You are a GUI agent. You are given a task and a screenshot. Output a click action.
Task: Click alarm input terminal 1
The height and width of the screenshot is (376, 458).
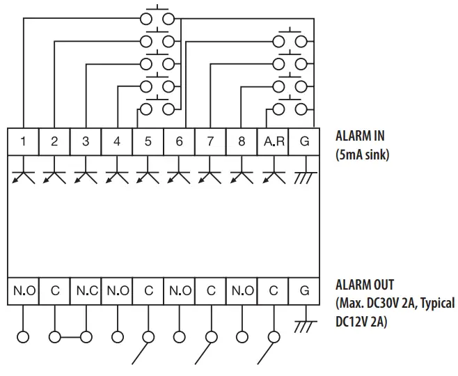click(x=23, y=141)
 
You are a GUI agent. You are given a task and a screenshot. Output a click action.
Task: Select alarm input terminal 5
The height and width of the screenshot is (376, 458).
click(x=148, y=141)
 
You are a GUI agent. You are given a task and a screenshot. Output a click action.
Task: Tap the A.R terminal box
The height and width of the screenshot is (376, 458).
click(x=274, y=141)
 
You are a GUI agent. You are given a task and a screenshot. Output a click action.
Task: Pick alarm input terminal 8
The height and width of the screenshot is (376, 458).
click(x=242, y=141)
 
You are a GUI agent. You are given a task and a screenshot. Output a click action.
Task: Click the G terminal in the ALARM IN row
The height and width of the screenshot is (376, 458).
click(x=304, y=141)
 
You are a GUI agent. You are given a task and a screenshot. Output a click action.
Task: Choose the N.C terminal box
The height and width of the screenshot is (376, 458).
click(x=86, y=291)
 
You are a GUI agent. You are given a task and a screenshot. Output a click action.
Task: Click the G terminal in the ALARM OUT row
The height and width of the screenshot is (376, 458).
click(x=304, y=291)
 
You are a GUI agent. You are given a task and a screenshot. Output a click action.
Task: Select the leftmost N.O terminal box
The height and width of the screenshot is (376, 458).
click(x=23, y=291)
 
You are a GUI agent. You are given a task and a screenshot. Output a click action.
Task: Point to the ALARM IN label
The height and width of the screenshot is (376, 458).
click(x=360, y=136)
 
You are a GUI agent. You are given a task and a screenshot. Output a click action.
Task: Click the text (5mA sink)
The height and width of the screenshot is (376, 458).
click(x=362, y=154)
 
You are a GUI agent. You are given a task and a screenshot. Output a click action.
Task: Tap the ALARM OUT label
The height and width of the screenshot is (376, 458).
click(x=364, y=285)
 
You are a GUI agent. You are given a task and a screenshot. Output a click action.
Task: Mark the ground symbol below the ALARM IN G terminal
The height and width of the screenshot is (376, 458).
click(x=304, y=178)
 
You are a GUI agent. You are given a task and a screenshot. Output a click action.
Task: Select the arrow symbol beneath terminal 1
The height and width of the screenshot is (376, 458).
click(x=23, y=175)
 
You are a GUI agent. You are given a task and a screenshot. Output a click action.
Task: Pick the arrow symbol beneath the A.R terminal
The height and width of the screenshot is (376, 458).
click(x=274, y=175)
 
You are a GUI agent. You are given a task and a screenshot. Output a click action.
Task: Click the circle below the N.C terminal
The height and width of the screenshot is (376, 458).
click(x=86, y=338)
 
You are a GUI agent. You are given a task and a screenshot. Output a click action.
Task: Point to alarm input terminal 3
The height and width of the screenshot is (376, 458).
click(x=86, y=141)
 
